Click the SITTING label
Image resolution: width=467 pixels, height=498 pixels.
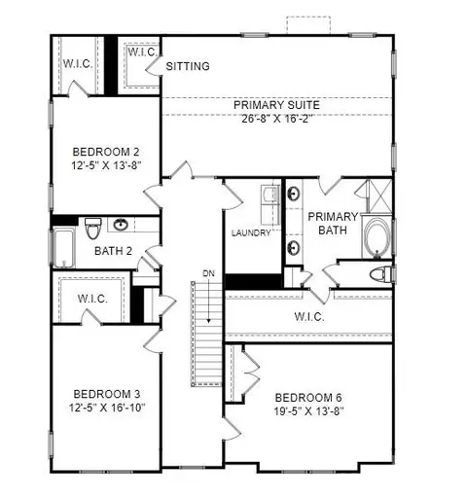tap(188, 66)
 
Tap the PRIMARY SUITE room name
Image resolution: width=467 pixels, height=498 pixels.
tap(276, 105)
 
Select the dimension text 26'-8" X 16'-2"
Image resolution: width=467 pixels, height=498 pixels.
tap(276, 119)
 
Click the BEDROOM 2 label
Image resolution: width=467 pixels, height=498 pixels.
tap(106, 152)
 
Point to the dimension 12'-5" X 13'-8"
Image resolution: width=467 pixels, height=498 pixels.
tap(106, 165)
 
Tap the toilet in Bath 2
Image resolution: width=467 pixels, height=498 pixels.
tap(93, 228)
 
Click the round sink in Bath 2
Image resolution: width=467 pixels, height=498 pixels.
tap(121, 224)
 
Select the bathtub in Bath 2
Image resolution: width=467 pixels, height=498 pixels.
tap(64, 248)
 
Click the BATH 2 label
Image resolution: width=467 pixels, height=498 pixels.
tap(113, 251)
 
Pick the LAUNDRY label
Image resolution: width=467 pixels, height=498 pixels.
tap(251, 232)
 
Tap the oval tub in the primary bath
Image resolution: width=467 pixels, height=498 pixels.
tap(377, 237)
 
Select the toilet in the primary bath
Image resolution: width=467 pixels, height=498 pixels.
tap(380, 274)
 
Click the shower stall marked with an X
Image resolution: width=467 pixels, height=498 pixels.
tap(380, 196)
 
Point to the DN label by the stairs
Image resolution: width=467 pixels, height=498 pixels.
tap(208, 273)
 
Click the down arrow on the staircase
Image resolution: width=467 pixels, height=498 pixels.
tap(209, 301)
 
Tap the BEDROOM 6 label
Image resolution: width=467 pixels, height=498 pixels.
tap(308, 398)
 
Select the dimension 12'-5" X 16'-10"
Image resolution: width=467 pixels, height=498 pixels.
tap(107, 408)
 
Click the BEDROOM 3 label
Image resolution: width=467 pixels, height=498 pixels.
tap(107, 394)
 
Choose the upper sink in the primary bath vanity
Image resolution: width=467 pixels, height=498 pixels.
tap(294, 194)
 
